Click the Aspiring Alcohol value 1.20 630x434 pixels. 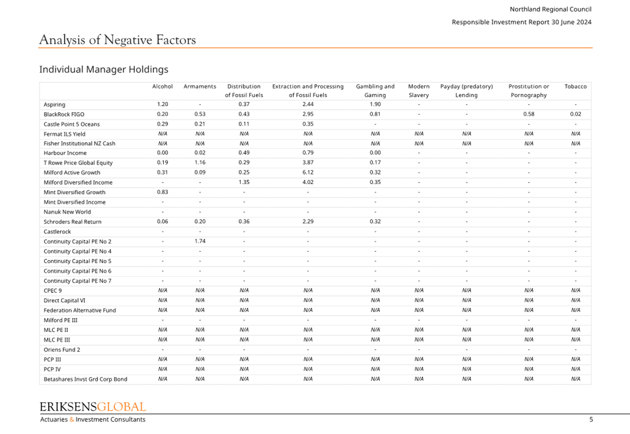click(x=162, y=104)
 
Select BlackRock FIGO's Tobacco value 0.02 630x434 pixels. click(x=576, y=114)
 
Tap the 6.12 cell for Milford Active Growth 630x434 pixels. click(x=308, y=172)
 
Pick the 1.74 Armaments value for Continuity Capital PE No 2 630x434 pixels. click(x=200, y=241)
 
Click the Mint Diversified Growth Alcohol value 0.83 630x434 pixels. click(x=162, y=192)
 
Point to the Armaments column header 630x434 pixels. click(x=200, y=86)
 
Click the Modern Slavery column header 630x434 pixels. click(x=419, y=91)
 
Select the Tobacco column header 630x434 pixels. click(x=576, y=86)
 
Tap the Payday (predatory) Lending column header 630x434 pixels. click(x=467, y=91)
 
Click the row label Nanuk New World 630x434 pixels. click(x=67, y=212)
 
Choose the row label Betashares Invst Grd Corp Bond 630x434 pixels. click(x=85, y=379)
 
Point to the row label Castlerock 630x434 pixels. click(x=57, y=231)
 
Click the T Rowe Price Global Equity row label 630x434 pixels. click(x=78, y=163)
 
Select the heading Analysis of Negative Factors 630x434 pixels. click(x=118, y=40)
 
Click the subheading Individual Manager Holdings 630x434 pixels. click(x=104, y=69)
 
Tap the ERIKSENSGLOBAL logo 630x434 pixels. click(x=93, y=407)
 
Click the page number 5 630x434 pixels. click(x=591, y=419)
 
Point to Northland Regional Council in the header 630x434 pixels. click(x=551, y=9)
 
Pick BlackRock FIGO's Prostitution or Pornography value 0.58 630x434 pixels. click(x=529, y=114)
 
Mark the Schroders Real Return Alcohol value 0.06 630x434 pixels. click(x=162, y=221)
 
